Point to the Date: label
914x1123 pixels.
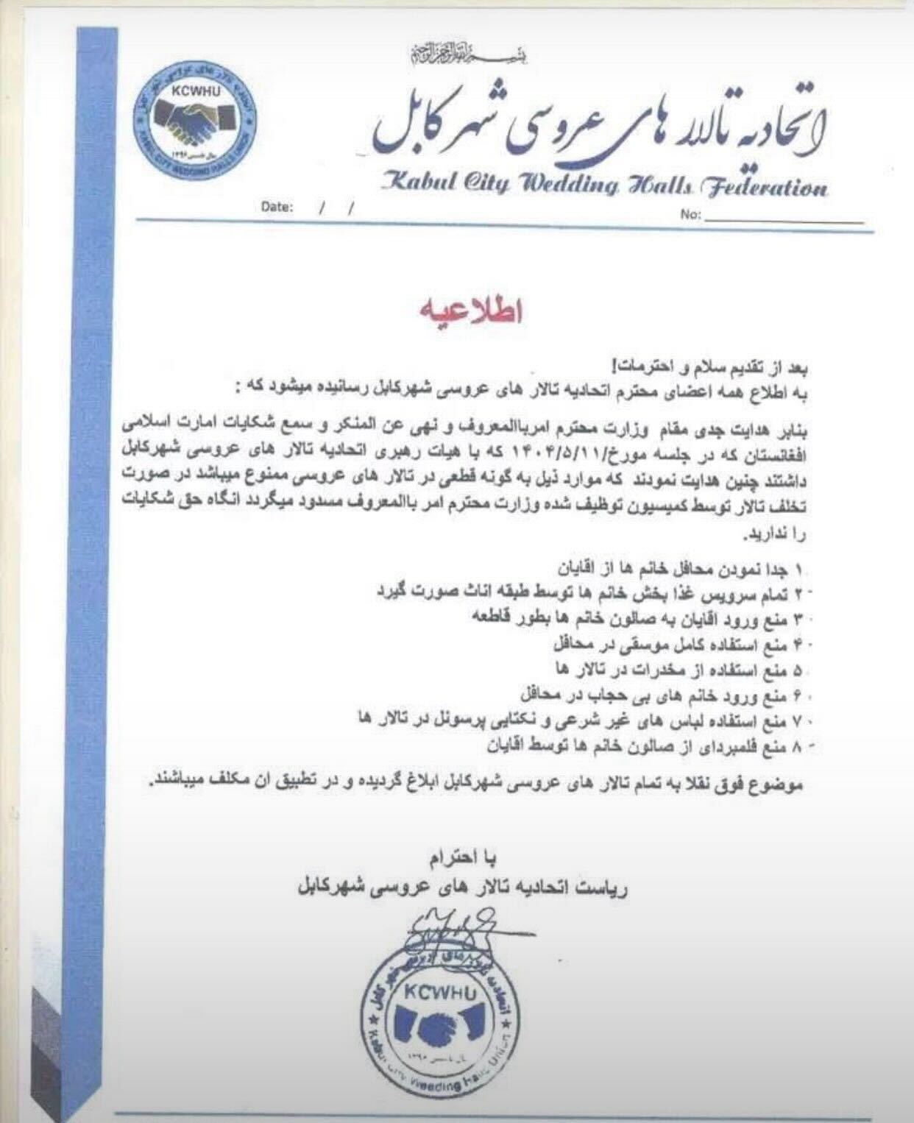point(277,208)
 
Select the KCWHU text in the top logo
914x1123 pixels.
point(194,92)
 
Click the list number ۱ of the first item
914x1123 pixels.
point(801,570)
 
